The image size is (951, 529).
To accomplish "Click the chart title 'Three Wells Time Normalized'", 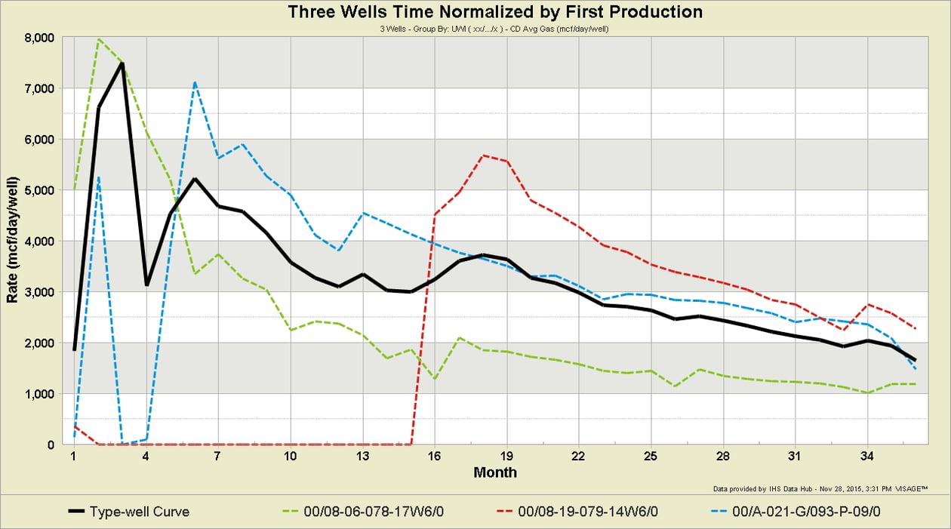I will point(494,12).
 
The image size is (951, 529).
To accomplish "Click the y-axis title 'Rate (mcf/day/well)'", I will point(13,241).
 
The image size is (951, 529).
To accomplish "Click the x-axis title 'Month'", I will point(495,472).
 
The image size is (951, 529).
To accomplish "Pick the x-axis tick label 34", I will point(869,457).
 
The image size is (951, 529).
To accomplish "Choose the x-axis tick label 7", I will point(218,457).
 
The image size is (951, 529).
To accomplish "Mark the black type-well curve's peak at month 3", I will point(122,63).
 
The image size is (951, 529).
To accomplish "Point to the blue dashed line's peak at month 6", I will point(195,82).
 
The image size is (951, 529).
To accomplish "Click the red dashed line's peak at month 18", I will point(483,155).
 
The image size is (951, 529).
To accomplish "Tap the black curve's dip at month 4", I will point(146,284).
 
